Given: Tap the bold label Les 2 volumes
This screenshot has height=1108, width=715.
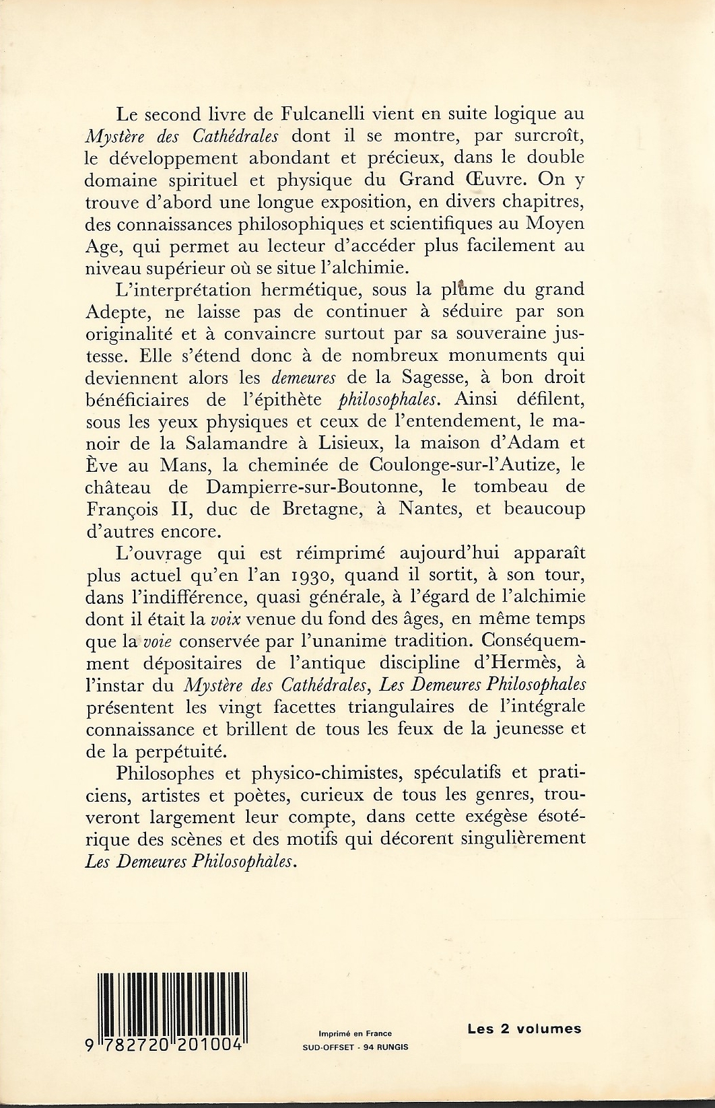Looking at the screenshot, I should point(524,1029).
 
